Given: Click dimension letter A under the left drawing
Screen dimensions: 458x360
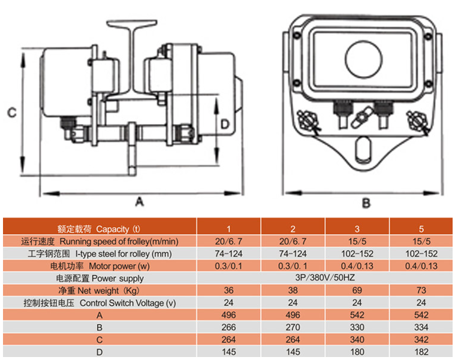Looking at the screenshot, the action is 140,201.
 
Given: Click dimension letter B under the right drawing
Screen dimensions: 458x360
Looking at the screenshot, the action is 366,202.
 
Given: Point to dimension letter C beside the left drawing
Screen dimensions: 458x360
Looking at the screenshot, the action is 11,113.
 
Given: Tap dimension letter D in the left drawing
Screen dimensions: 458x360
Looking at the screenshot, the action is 225,125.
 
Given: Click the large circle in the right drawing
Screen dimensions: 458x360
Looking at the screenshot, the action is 364,41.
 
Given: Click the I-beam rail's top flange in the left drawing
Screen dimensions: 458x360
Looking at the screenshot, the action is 132,23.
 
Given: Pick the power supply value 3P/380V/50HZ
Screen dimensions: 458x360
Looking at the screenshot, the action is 325,277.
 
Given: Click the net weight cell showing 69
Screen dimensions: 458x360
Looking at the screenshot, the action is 357,291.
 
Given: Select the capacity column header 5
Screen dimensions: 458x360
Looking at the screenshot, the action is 421,229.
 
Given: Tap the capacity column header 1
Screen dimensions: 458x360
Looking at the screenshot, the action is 228,229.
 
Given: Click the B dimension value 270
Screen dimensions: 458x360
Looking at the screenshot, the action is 293,327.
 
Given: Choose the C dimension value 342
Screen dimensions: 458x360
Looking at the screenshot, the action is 421,340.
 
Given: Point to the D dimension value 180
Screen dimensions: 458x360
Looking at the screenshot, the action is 357,352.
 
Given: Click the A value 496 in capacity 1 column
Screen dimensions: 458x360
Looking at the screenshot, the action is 228,314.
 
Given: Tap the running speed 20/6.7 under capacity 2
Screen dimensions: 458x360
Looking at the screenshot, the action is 293,241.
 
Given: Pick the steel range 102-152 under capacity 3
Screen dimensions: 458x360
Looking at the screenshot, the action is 357,254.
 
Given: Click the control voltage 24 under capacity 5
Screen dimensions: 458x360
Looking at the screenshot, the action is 421,302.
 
